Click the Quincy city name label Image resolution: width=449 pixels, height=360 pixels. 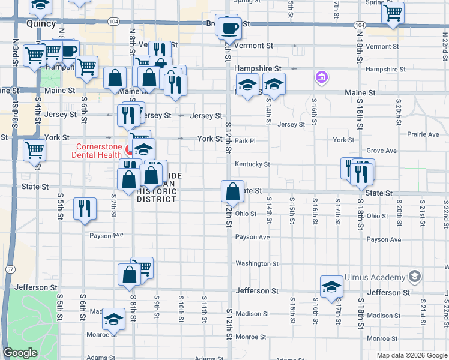(x=41, y=24)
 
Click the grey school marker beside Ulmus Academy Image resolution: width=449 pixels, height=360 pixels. (x=414, y=277)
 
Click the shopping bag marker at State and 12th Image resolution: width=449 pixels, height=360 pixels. (x=232, y=192)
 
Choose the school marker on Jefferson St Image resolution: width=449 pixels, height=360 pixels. (x=331, y=288)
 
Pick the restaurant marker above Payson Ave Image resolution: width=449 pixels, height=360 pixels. (x=85, y=209)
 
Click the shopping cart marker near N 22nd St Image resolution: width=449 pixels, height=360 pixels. (x=393, y=13)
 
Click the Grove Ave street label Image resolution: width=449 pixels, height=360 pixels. (x=382, y=151)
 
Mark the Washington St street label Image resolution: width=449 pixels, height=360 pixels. (x=257, y=263)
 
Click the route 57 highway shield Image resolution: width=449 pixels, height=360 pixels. (x=10, y=269)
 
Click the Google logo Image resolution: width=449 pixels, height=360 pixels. (x=20, y=353)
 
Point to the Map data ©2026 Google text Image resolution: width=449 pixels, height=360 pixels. (x=411, y=355)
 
